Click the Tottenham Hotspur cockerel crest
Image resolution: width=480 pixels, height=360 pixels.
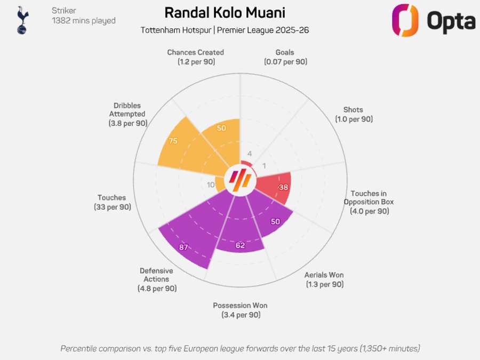[x=22, y=20]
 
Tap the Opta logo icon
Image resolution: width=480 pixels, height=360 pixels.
[x=405, y=20]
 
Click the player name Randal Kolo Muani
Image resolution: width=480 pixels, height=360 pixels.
[x=224, y=13]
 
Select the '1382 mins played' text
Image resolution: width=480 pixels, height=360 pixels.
[x=83, y=21]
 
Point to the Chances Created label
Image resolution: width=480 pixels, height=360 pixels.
[x=195, y=57]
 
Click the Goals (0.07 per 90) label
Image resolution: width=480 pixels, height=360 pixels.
[x=285, y=57]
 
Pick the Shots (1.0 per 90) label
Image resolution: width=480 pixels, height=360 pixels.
[x=354, y=115]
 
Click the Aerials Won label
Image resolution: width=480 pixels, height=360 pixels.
[x=324, y=279]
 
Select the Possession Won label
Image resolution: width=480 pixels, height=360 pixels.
[x=240, y=310]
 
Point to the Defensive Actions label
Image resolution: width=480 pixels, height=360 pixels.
[x=157, y=279]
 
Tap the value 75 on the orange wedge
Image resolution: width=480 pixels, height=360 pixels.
[x=173, y=141]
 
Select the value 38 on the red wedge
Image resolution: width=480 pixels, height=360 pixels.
[x=284, y=187]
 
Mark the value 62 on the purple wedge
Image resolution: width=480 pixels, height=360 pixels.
[x=240, y=245]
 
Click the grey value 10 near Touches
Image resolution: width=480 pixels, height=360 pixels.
[x=211, y=185]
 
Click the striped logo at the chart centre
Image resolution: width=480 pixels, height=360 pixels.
[x=239, y=180]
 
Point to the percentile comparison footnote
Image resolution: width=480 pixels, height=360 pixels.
[x=240, y=348]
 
